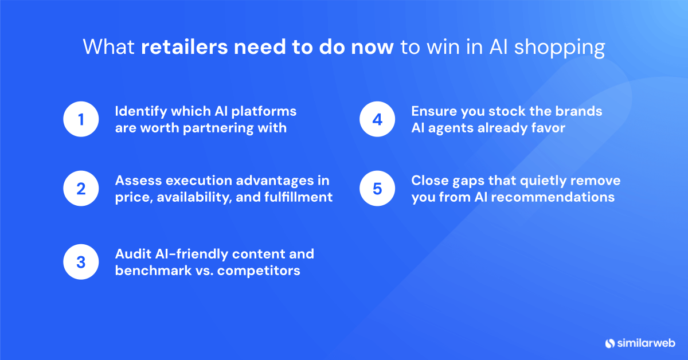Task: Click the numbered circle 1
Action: (81, 120)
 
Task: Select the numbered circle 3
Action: (81, 262)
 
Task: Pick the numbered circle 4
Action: (377, 120)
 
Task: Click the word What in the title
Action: (110, 47)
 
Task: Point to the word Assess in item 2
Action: (138, 181)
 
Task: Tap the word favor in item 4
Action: (548, 128)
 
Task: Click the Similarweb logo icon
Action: (609, 343)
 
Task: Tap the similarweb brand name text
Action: (646, 343)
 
